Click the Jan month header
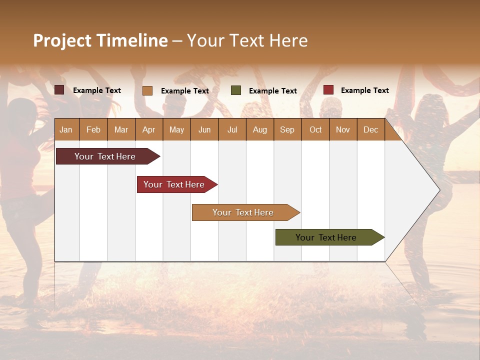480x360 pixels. [66, 129]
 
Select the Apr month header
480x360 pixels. [148, 129]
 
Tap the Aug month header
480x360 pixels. [259, 129]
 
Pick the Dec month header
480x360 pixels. [370, 129]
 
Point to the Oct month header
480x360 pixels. [315, 129]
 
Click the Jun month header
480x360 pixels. [204, 129]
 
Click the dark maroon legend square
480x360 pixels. [59, 90]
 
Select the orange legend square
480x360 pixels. [147, 90]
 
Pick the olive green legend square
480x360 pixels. [236, 90]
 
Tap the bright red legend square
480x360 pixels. [328, 90]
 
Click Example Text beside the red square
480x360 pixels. [364, 90]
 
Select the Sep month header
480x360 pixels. [287, 129]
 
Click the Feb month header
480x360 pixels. [93, 129]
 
